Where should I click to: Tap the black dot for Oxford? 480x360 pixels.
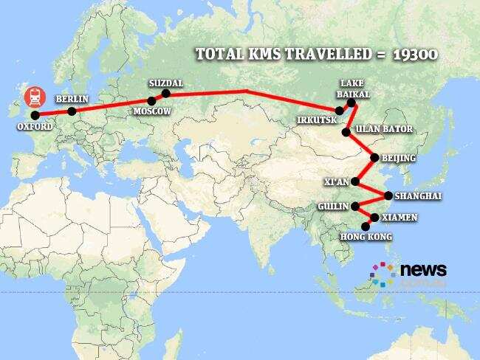34,115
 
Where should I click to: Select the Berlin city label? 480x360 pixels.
72,99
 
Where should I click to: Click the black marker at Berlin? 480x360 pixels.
72,111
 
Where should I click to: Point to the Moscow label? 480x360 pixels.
151,111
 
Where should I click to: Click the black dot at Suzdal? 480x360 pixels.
165,94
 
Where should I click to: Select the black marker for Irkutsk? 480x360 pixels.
339,111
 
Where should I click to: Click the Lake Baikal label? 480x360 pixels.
353,89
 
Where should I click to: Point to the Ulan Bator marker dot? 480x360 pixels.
346,133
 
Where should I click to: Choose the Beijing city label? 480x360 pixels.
399,158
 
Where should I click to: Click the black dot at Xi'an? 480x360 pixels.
355,181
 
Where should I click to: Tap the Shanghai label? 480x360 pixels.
418,195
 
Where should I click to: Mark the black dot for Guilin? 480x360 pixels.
355,206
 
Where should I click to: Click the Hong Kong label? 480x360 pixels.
365,237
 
